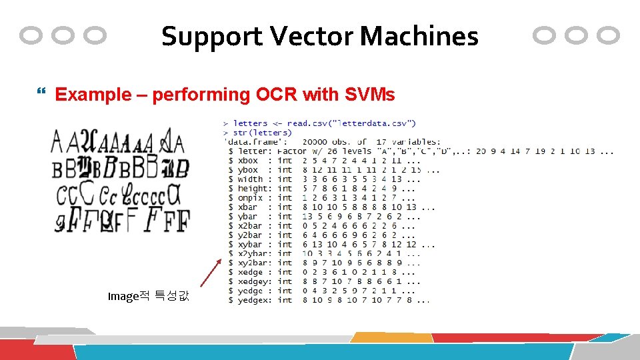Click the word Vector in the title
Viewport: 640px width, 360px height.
click(x=315, y=36)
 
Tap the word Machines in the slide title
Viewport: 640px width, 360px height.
click(x=419, y=36)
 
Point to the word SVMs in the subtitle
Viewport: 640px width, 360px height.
click(x=370, y=95)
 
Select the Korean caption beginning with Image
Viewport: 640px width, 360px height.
click(x=148, y=295)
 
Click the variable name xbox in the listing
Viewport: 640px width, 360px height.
click(x=248, y=161)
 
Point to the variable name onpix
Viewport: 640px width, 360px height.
click(x=251, y=198)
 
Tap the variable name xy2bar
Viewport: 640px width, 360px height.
click(x=253, y=263)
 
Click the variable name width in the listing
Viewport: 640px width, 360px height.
click(x=251, y=179)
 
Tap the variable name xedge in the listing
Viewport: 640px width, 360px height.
click(x=251, y=273)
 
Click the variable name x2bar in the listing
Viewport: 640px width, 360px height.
click(x=251, y=226)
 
